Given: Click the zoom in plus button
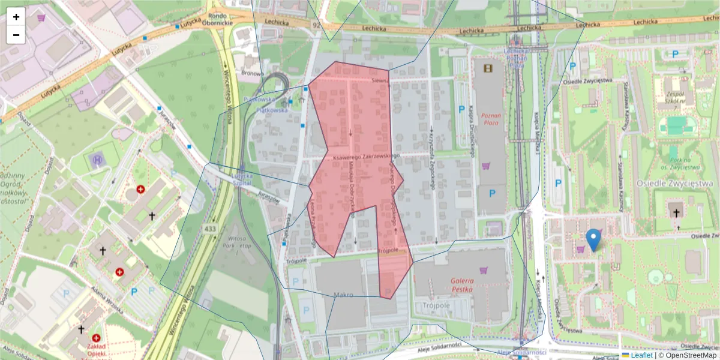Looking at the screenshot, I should click(x=16, y=17).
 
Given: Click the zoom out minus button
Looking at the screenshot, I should click(x=16, y=35).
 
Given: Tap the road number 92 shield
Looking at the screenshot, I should click(x=316, y=25).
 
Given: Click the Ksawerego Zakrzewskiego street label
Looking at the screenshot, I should click(x=366, y=157).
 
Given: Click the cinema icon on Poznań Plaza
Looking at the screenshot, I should click(x=487, y=68).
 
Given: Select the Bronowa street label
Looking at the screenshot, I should click(x=252, y=73).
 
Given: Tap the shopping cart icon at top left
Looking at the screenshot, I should click(x=41, y=17).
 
